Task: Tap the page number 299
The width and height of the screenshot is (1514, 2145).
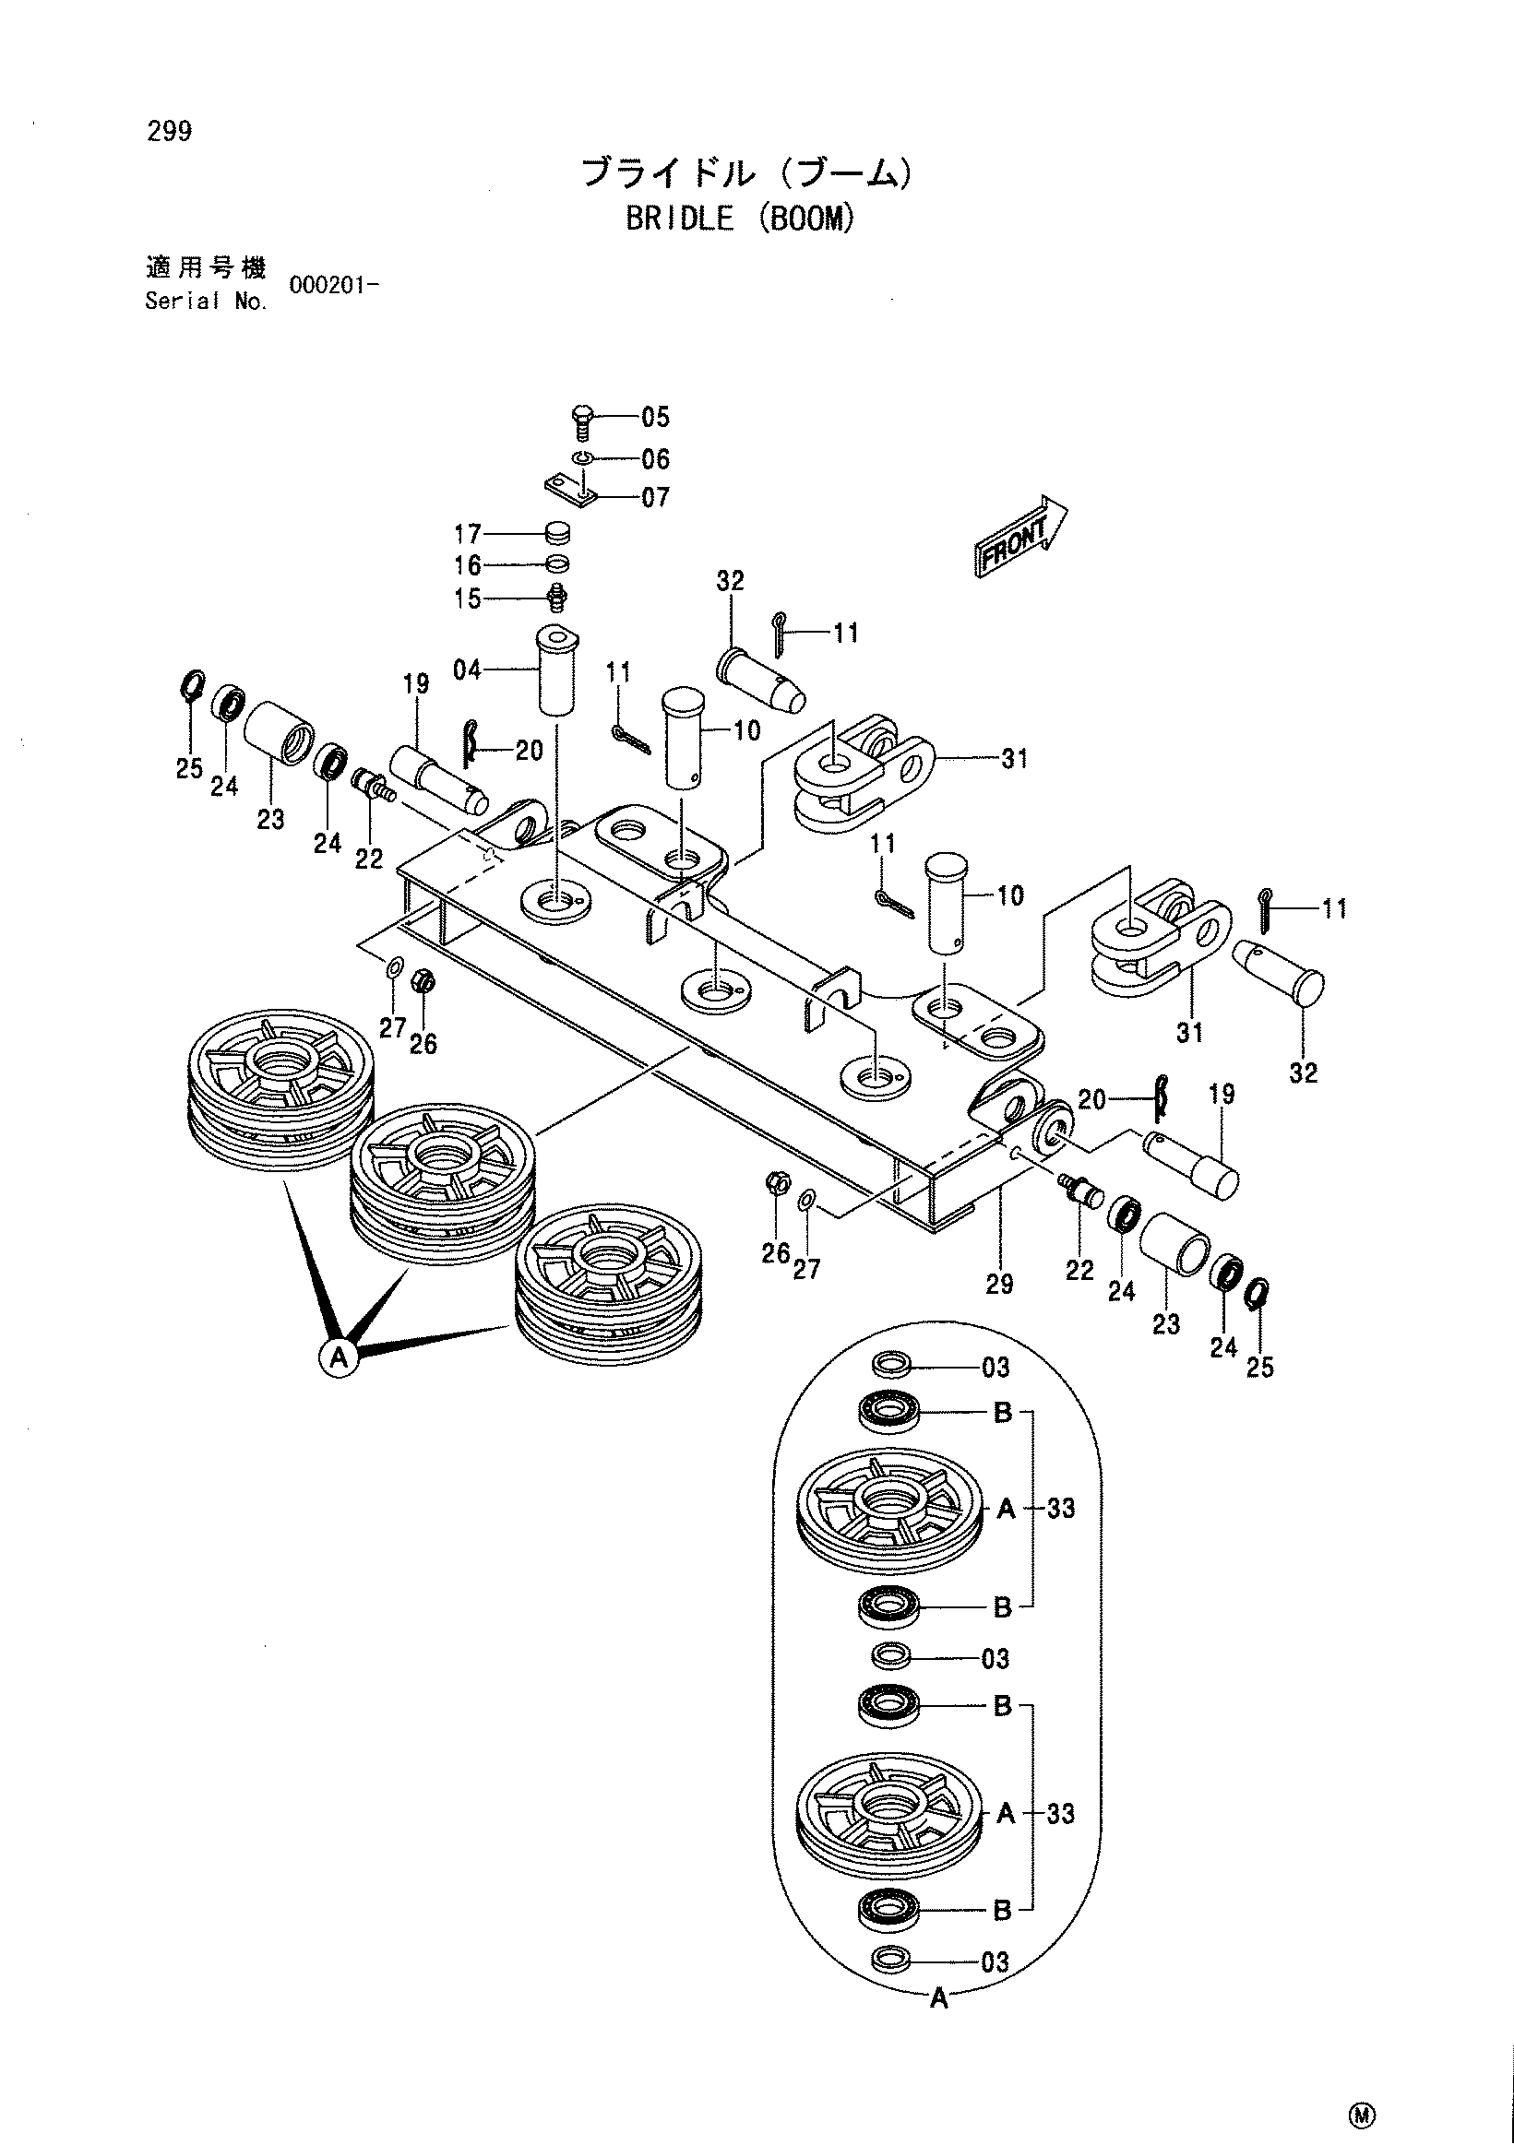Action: coord(169,132)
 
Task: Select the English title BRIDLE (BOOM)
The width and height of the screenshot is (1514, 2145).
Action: coord(740,219)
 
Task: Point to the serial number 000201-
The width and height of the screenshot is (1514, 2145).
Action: coord(334,286)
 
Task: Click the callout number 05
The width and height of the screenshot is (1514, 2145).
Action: coord(656,417)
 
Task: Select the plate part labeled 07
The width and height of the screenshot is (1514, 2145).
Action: coord(570,490)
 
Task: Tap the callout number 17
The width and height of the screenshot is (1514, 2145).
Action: coord(467,534)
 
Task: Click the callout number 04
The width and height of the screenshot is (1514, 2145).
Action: coord(467,670)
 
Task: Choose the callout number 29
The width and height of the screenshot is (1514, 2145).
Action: coord(999,1285)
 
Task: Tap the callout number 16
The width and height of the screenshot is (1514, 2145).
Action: coord(467,565)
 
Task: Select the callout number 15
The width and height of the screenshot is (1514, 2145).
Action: coord(467,598)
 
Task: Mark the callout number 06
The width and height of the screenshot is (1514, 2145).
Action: coord(656,458)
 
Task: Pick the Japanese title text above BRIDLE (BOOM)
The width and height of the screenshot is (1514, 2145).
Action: coord(745,173)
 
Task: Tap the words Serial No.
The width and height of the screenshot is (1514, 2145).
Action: coord(207,302)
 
